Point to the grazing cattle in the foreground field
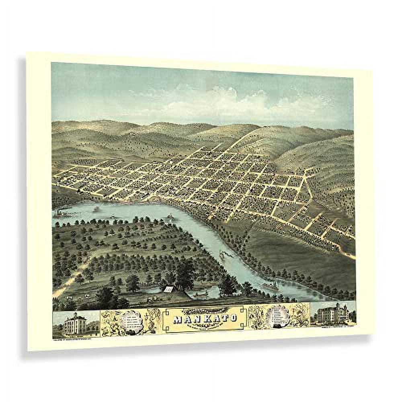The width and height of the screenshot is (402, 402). coord(79,296)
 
